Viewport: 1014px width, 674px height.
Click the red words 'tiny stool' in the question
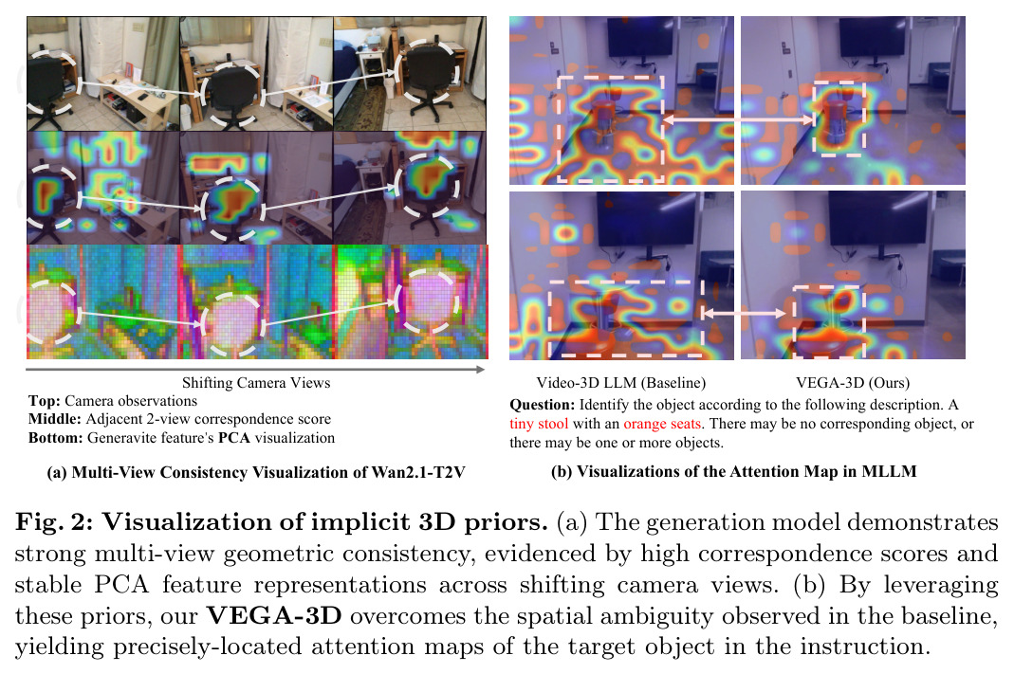[539, 424]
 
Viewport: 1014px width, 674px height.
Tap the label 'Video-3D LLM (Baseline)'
[620, 383]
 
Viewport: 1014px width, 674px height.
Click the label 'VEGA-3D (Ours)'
[853, 383]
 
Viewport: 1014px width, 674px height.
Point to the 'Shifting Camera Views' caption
[256, 383]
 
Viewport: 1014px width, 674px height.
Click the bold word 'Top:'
[45, 401]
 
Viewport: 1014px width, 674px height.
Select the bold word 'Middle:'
[55, 419]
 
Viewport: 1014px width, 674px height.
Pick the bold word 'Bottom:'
[56, 438]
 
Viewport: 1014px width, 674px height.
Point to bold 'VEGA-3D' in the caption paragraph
[273, 615]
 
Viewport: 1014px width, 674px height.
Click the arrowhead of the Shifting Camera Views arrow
[481, 370]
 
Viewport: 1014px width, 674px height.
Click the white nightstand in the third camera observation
[372, 73]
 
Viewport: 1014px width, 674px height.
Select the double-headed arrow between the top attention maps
[739, 119]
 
